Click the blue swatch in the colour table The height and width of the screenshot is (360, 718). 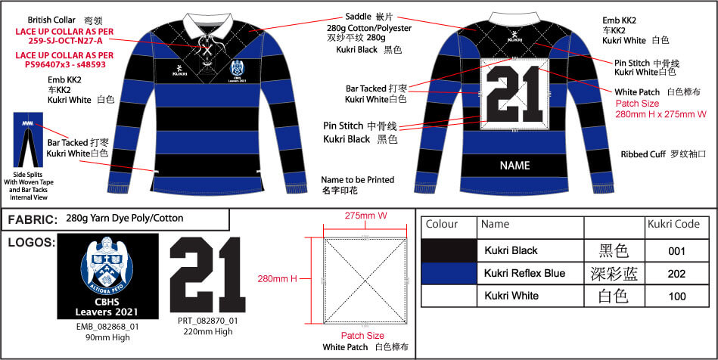[449, 273]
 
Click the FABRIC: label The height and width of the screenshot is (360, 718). [33, 220]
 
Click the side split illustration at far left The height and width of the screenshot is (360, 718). [27, 147]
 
